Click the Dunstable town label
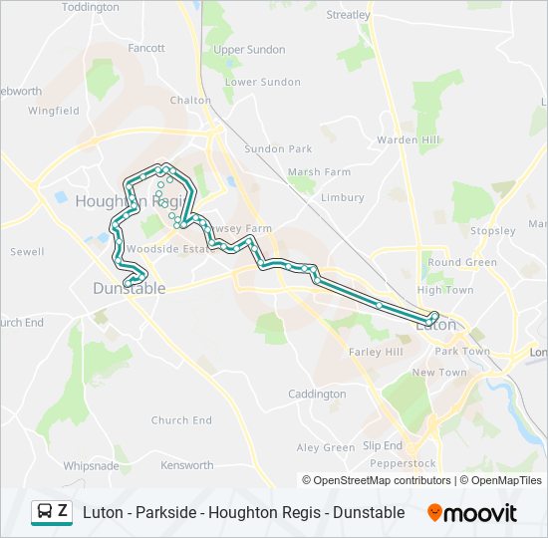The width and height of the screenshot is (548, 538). [x=129, y=289]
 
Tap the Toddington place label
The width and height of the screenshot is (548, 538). [x=91, y=7]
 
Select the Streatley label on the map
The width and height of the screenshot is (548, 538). [x=349, y=15]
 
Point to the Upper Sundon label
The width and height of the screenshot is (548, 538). [x=249, y=50]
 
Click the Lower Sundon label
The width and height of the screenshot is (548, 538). [x=263, y=83]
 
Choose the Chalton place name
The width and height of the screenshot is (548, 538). [x=190, y=101]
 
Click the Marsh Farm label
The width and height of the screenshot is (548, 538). [x=319, y=172]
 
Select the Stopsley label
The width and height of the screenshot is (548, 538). [x=494, y=231]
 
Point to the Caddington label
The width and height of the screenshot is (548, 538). [x=316, y=395]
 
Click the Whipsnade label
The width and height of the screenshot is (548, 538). [x=91, y=465]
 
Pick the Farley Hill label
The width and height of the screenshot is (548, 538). [x=376, y=353]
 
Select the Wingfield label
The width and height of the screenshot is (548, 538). [x=54, y=112]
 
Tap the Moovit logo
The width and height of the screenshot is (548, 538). [x=472, y=513]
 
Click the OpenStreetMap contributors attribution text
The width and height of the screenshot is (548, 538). [x=377, y=480]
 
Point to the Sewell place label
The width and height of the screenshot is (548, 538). [x=27, y=252]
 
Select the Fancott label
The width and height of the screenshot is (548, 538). [x=146, y=48]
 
